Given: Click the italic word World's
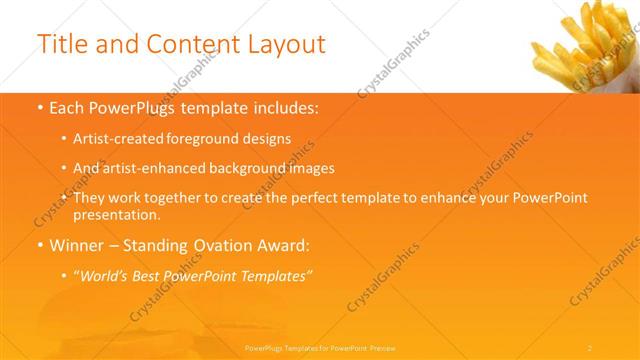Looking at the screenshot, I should point(103,274).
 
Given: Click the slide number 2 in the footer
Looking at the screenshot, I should point(590,347).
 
